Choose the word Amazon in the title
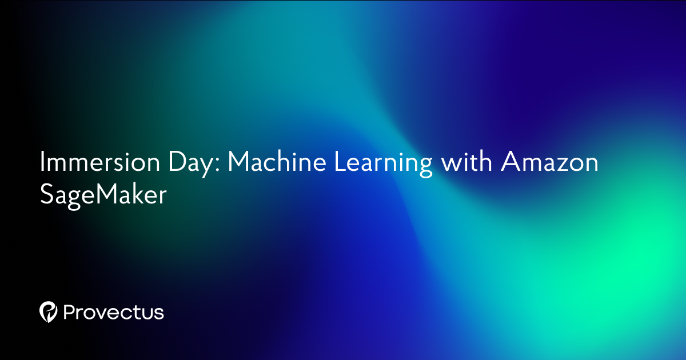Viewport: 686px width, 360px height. tap(549, 163)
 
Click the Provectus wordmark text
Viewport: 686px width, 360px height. tap(114, 313)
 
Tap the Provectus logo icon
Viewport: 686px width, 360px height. tap(49, 311)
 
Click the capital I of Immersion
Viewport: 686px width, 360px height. tap(43, 163)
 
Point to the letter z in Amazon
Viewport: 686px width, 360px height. tap(554, 166)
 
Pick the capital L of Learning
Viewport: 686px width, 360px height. tap(338, 163)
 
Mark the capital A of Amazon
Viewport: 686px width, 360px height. tap(510, 163)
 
